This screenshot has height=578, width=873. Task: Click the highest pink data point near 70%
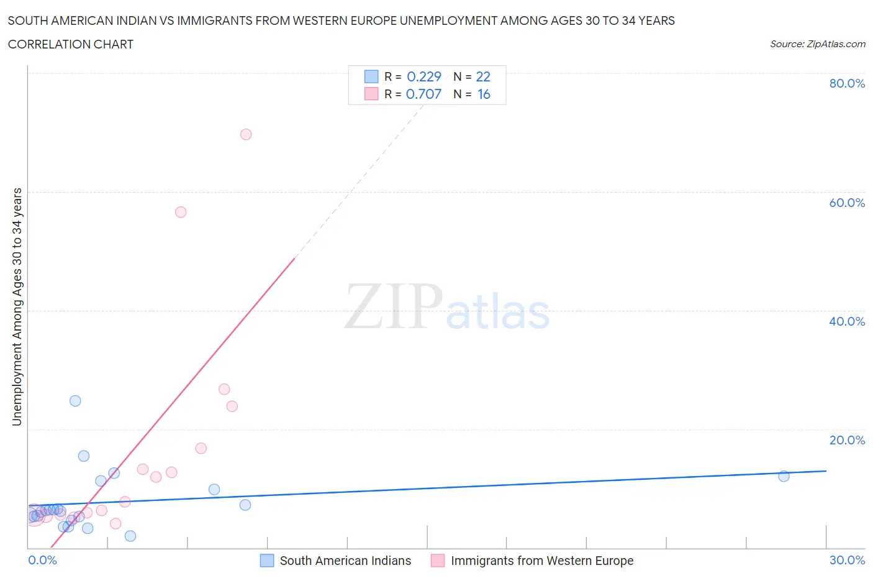coord(246,134)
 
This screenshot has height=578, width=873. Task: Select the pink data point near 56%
coord(181,212)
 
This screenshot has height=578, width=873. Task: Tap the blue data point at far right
coord(784,476)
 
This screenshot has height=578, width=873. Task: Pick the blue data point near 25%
coord(75,401)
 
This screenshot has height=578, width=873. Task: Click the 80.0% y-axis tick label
coord(847,84)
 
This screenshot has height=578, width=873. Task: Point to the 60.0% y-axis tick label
coord(847,203)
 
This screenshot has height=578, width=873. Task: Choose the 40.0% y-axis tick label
coord(847,321)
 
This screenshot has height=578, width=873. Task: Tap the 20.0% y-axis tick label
coord(847,440)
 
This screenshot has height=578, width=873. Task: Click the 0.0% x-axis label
coord(43,560)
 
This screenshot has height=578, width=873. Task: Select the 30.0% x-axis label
coord(847,560)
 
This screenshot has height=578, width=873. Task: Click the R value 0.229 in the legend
coord(423,76)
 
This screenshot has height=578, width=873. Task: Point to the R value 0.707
coord(423,94)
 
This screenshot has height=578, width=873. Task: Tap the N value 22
coord(483,76)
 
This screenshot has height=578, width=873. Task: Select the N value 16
coord(484,94)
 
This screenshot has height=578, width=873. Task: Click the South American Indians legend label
coord(345,561)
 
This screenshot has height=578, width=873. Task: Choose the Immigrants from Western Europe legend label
coord(542,561)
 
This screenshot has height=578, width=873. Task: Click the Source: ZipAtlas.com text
coord(817,44)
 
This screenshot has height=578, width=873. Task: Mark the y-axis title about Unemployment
coord(17,307)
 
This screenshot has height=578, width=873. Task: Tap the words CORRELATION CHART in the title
coord(71,44)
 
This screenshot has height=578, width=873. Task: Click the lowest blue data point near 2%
coord(130,536)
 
